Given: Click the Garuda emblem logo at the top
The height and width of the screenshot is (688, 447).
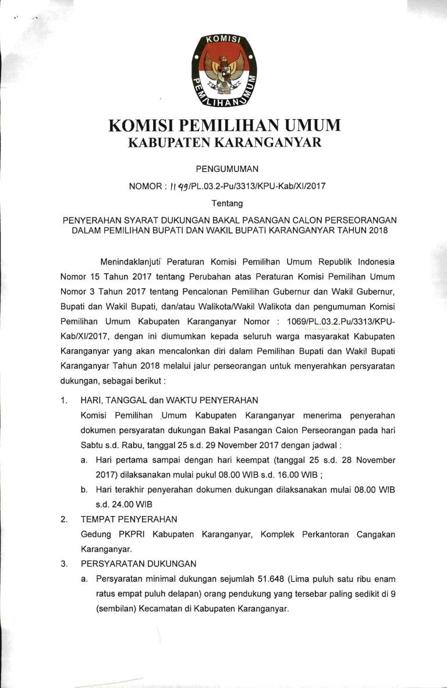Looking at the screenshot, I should pyautogui.click(x=223, y=71).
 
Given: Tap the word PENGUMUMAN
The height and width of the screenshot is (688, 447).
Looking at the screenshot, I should pyautogui.click(x=223, y=169).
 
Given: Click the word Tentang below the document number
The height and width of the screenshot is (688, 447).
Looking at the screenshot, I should pyautogui.click(x=223, y=203).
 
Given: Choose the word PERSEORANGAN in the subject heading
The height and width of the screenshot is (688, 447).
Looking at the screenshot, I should pyautogui.click(x=360, y=220).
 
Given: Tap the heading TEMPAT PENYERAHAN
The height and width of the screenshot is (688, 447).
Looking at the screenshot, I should pyautogui.click(x=129, y=519).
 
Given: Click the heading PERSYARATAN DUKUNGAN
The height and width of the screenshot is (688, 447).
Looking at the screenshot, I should pyautogui.click(x=139, y=564).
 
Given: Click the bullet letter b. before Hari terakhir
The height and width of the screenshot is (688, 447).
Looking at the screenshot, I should pyautogui.click(x=85, y=490).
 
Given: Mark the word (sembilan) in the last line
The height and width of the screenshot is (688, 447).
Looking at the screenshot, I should pyautogui.click(x=102, y=609).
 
